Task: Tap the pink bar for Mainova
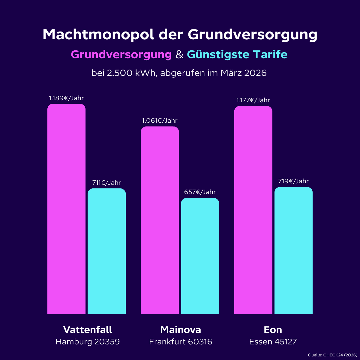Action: coord(160,220)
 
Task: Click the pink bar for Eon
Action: coord(253,210)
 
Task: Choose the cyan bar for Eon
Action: coord(293,250)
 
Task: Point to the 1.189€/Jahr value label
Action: coord(66,98)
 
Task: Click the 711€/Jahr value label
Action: coord(106,183)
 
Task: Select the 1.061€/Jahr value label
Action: coord(160,121)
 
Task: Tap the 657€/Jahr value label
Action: coord(200,192)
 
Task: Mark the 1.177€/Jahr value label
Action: coord(253,100)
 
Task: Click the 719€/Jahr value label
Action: coord(293,181)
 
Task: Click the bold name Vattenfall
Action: coord(88,330)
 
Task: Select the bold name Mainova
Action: coord(181,330)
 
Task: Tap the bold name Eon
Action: coord(273,330)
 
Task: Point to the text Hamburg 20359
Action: coord(88,342)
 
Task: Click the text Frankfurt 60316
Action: coord(181,342)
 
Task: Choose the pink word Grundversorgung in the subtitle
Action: coord(121,55)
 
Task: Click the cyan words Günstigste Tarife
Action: coord(237,55)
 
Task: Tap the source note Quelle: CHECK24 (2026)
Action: coord(332,355)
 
